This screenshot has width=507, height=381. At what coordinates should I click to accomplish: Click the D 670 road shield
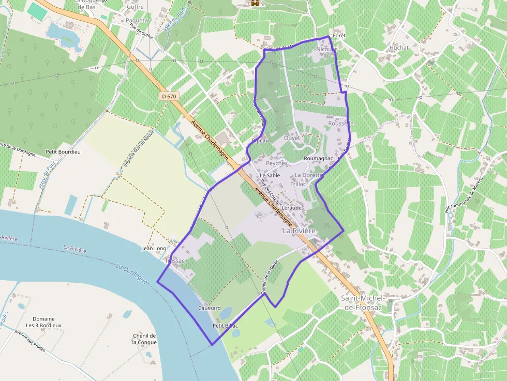click(x=169, y=96)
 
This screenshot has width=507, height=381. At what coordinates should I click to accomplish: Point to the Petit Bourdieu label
click(x=63, y=152)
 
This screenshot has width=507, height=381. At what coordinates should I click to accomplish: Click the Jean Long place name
click(x=154, y=249)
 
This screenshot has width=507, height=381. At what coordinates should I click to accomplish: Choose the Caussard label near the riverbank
click(x=210, y=308)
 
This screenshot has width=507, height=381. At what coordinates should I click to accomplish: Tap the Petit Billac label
click(x=225, y=326)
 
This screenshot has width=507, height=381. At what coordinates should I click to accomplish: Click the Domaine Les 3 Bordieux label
click(x=44, y=322)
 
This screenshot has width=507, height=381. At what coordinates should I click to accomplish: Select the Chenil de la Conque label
click(x=144, y=339)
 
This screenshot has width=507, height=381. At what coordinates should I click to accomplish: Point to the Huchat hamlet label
click(x=399, y=48)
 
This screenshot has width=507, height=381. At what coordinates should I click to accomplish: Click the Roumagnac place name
click(x=319, y=158)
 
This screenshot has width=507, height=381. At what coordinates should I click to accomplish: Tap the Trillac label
click(x=299, y=184)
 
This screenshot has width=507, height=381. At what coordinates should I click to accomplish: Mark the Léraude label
click(x=292, y=208)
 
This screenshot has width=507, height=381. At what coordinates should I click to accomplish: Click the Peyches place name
click(x=276, y=163)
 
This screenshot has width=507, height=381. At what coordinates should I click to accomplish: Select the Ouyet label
click(x=292, y=138)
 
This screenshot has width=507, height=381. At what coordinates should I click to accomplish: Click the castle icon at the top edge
click(x=255, y=4)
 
